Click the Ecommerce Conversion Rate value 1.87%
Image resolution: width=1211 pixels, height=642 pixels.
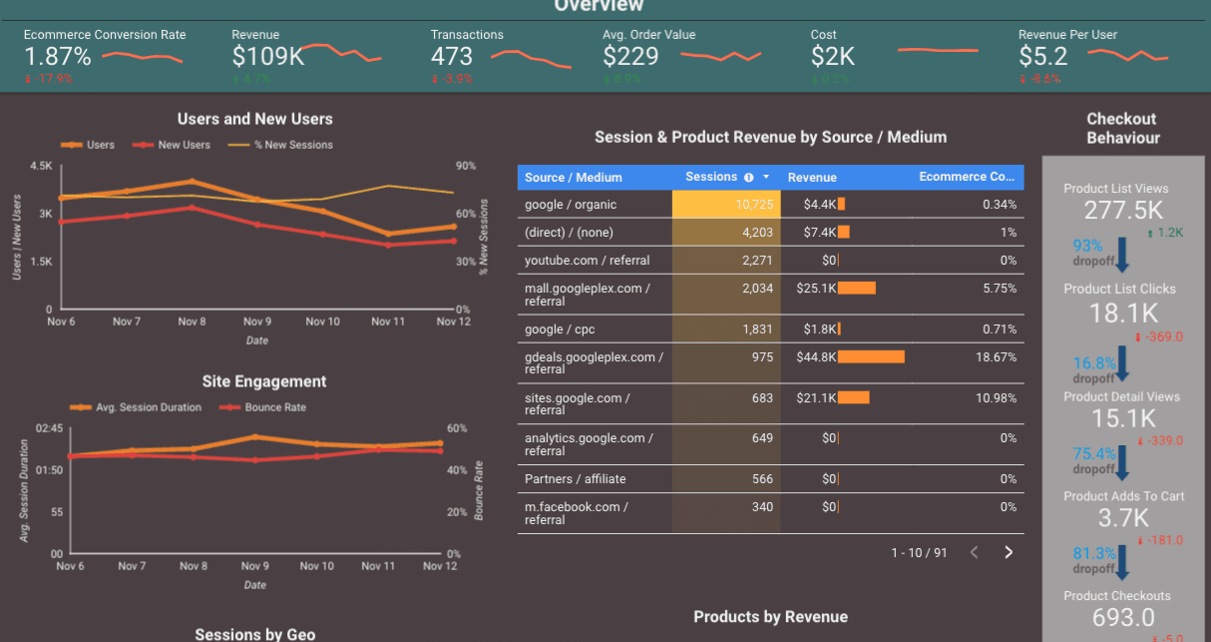click(x=58, y=57)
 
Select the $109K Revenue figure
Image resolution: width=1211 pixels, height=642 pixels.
click(x=267, y=57)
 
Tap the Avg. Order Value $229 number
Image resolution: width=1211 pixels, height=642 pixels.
click(x=630, y=57)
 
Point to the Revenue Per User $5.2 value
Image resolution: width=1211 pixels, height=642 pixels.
click(x=1042, y=57)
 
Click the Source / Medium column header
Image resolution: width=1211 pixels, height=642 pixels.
click(x=574, y=178)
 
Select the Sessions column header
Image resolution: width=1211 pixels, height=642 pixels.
click(x=711, y=177)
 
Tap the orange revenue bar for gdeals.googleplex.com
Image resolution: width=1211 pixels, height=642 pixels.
click(x=871, y=356)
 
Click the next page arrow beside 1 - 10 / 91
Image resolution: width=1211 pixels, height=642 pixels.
click(x=1009, y=552)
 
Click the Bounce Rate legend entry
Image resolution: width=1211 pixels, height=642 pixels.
click(x=275, y=407)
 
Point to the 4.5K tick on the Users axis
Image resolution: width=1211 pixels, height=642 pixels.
click(x=41, y=166)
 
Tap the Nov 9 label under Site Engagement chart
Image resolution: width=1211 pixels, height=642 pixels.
click(x=255, y=566)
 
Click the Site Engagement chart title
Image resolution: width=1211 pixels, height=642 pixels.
click(x=263, y=381)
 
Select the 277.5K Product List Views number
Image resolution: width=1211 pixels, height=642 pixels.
click(x=1123, y=210)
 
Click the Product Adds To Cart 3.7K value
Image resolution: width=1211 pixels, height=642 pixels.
click(x=1123, y=517)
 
